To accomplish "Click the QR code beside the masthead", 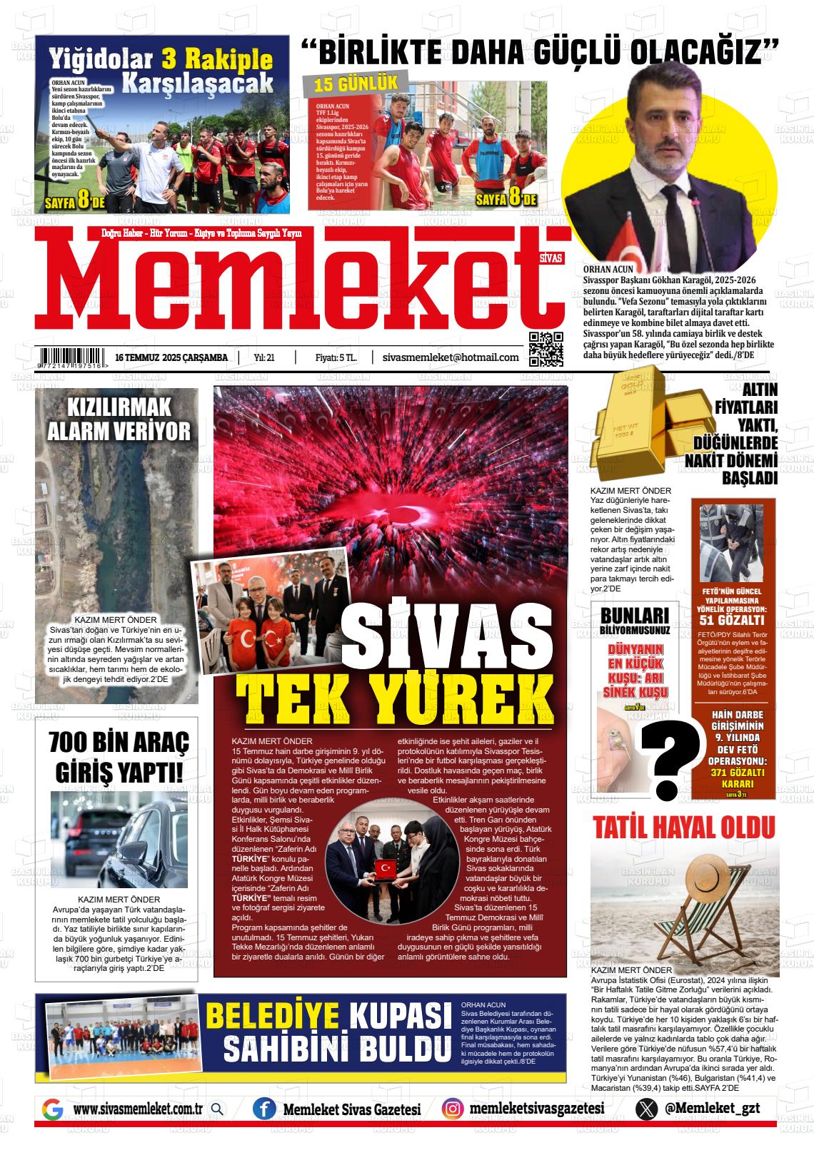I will point(546,349).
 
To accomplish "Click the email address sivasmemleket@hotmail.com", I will point(451,357).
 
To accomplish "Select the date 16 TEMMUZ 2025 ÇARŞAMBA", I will point(171,357).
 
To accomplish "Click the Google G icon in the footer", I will point(53,1109).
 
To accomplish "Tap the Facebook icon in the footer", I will point(264,1109).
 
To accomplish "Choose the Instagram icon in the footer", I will point(451,1109).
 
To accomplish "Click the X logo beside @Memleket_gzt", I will point(646,1109).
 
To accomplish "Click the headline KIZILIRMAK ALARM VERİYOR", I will point(119,419).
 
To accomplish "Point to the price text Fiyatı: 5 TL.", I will point(336,357).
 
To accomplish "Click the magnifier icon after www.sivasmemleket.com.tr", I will point(217,1109).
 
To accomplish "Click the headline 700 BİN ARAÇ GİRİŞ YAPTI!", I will point(119,757).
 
